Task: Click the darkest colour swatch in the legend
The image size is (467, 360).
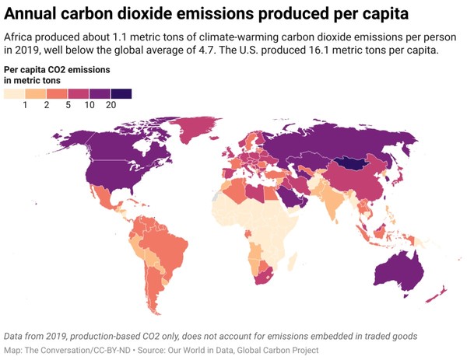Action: [121, 93]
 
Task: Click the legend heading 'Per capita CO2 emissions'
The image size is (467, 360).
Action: [56, 70]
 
